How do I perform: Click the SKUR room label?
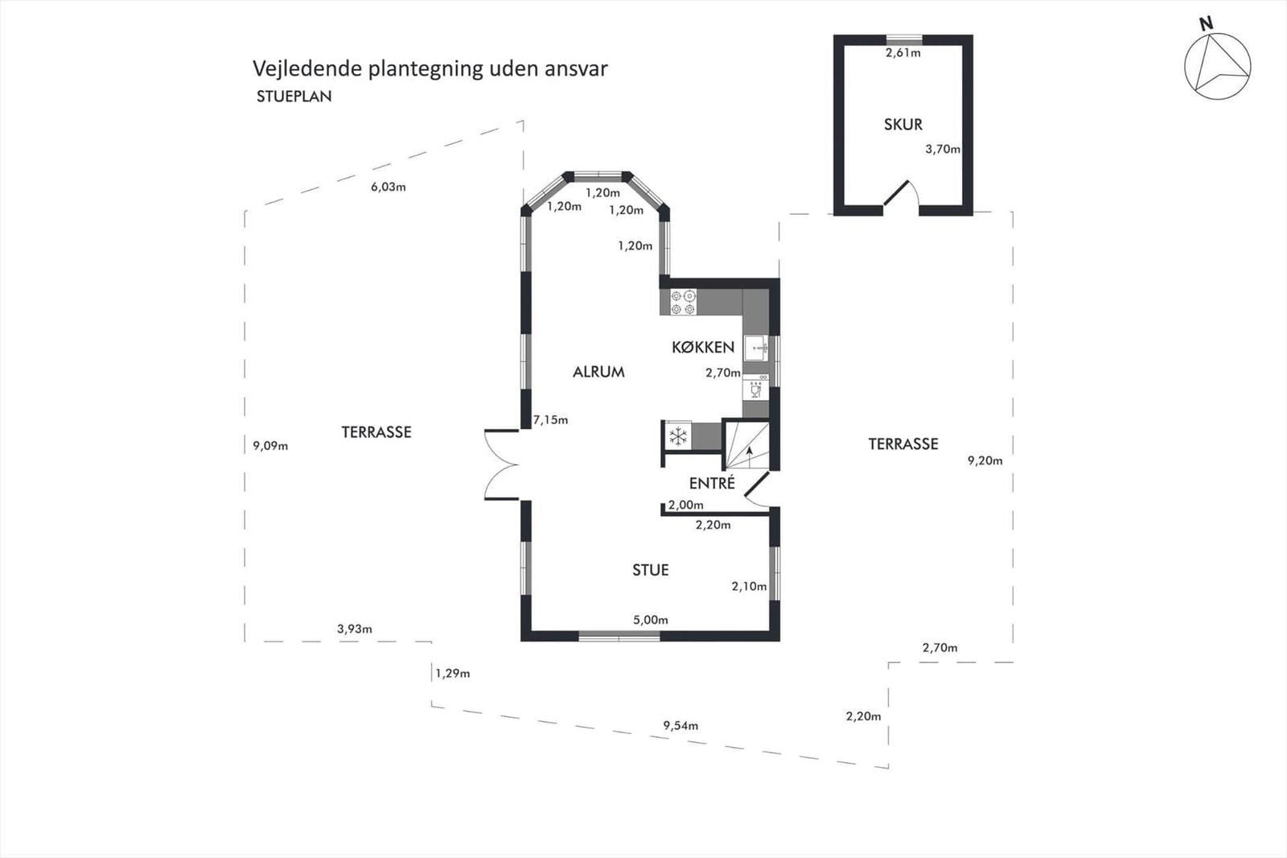903,125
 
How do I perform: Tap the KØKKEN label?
703,347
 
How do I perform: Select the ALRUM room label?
598,372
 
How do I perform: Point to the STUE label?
650,570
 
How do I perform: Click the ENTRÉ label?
712,484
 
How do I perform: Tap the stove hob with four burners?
684,302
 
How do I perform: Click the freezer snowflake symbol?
678,436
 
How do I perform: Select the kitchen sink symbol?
757,349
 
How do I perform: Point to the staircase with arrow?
747,448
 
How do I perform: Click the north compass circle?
1217,67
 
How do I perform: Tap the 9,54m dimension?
681,725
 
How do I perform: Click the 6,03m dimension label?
388,187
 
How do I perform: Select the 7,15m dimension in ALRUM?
550,419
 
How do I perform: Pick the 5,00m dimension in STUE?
650,620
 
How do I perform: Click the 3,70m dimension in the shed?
942,149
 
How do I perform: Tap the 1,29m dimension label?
453,673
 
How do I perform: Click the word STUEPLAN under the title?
294,97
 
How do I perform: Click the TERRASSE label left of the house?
376,432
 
